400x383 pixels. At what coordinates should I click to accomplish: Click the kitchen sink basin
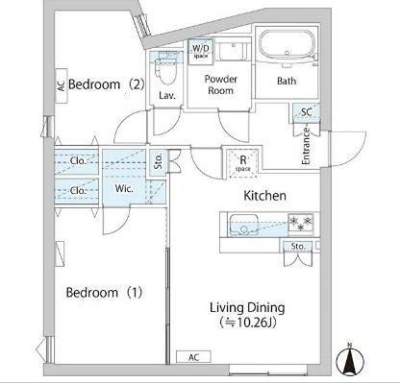pos(243,225)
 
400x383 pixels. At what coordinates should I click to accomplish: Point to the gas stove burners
pos(301,223)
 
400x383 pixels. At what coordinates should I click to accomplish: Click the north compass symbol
pos(350,361)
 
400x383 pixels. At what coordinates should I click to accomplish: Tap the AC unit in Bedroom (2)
pos(62,85)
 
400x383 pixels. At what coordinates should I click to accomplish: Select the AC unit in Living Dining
pos(193,357)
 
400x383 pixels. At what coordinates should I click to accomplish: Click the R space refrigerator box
pos(243,163)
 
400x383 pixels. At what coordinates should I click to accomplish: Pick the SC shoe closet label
pos(307,112)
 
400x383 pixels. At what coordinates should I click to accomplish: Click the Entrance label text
pos(306,146)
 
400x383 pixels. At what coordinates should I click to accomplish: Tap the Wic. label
pos(124,188)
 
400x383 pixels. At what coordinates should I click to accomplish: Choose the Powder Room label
pos(221,84)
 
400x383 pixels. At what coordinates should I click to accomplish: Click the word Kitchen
pos(264,196)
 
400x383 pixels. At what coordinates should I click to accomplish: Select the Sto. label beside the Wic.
pos(159,160)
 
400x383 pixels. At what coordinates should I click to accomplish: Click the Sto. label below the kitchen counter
pos(298,247)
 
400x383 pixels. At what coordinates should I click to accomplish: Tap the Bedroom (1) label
pos(104,293)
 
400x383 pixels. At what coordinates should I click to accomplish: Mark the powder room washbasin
pos(233,50)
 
